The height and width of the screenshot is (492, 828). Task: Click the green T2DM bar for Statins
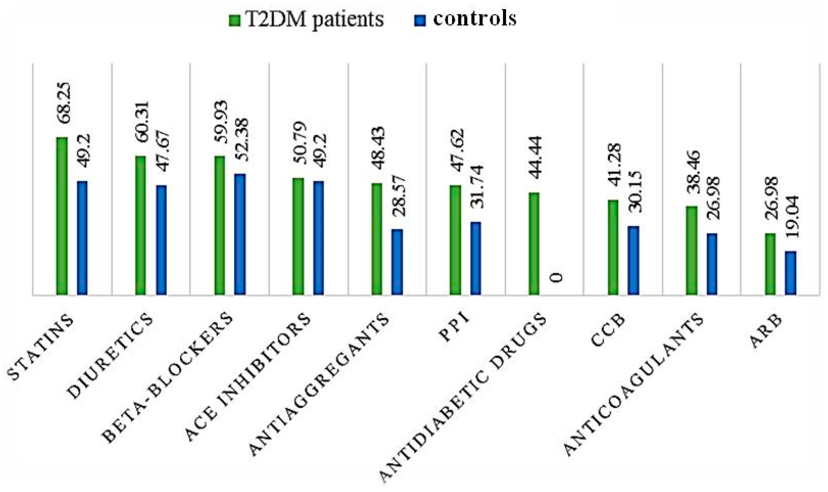tap(62, 215)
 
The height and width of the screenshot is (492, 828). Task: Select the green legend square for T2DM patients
tap(233, 20)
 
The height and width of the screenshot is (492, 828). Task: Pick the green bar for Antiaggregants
tap(376, 239)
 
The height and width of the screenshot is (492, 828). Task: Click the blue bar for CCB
tap(633, 260)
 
